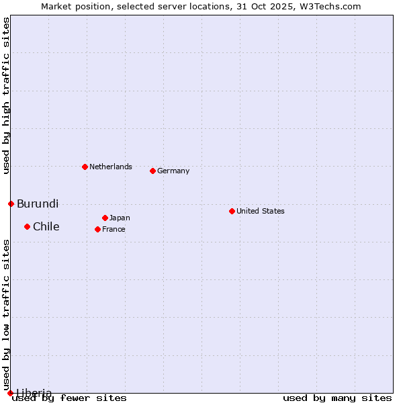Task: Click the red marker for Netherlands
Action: pos(85,167)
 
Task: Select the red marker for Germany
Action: pos(152,171)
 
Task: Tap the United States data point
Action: pos(232,211)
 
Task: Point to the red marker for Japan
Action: pos(105,218)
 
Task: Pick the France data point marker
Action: pos(97,229)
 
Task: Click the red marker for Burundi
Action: pos(11,204)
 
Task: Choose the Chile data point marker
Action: pos(27,226)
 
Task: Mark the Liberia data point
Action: pos(10,393)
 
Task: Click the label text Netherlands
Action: pos(111,167)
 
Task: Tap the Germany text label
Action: pos(173,171)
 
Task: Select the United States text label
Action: pos(261,211)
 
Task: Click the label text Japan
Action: pos(120,218)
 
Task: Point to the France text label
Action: pos(114,229)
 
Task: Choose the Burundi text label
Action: pos(38,204)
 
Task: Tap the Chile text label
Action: pos(46,226)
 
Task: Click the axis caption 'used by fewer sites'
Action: pos(70,398)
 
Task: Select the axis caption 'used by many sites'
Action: pos(337,398)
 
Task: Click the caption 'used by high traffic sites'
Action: pos(6,96)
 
